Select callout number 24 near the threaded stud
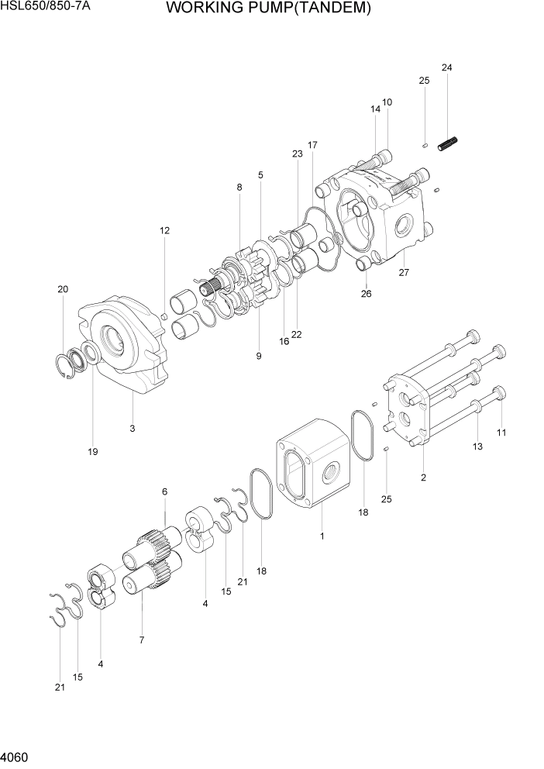coord(446,68)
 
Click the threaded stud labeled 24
coord(449,144)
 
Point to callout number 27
coord(403,272)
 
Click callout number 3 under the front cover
coord(133,428)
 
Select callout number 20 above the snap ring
coord(62,289)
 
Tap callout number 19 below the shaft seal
coord(93,451)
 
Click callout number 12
coord(164,230)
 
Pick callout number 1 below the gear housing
coord(322,536)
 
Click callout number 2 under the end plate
coord(423,478)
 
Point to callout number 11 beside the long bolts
coord(501,433)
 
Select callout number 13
coord(477,446)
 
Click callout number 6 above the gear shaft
coord(164,491)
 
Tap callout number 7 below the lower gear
coord(142,640)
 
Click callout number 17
coord(312,145)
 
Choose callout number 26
coord(367,293)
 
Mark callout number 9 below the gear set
coord(259,356)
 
